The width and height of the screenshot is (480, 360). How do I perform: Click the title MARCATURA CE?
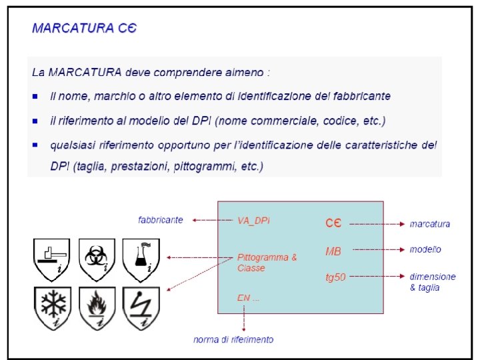point(84,29)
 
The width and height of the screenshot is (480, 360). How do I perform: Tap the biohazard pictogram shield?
point(97,259)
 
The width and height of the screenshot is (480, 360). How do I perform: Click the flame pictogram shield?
point(97,306)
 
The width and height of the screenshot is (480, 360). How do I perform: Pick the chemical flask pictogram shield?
point(141,259)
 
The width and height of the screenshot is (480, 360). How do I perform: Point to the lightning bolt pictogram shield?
point(141,306)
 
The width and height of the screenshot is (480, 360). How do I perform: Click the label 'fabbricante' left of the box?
point(160,220)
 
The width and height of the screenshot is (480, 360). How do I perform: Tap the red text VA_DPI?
point(254,220)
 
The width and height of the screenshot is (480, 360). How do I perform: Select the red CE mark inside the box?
point(333,223)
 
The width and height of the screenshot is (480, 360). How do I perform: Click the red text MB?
point(333,251)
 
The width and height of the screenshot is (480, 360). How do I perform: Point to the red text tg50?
point(335,277)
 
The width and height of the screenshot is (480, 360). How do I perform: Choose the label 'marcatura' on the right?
point(429,224)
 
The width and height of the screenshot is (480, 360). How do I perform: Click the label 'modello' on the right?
point(425,249)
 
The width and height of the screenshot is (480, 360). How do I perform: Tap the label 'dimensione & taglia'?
point(432,281)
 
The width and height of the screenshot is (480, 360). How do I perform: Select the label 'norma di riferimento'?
point(233,339)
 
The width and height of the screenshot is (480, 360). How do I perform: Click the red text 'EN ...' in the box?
point(248,298)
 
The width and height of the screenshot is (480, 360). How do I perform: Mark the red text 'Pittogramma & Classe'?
point(266,262)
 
